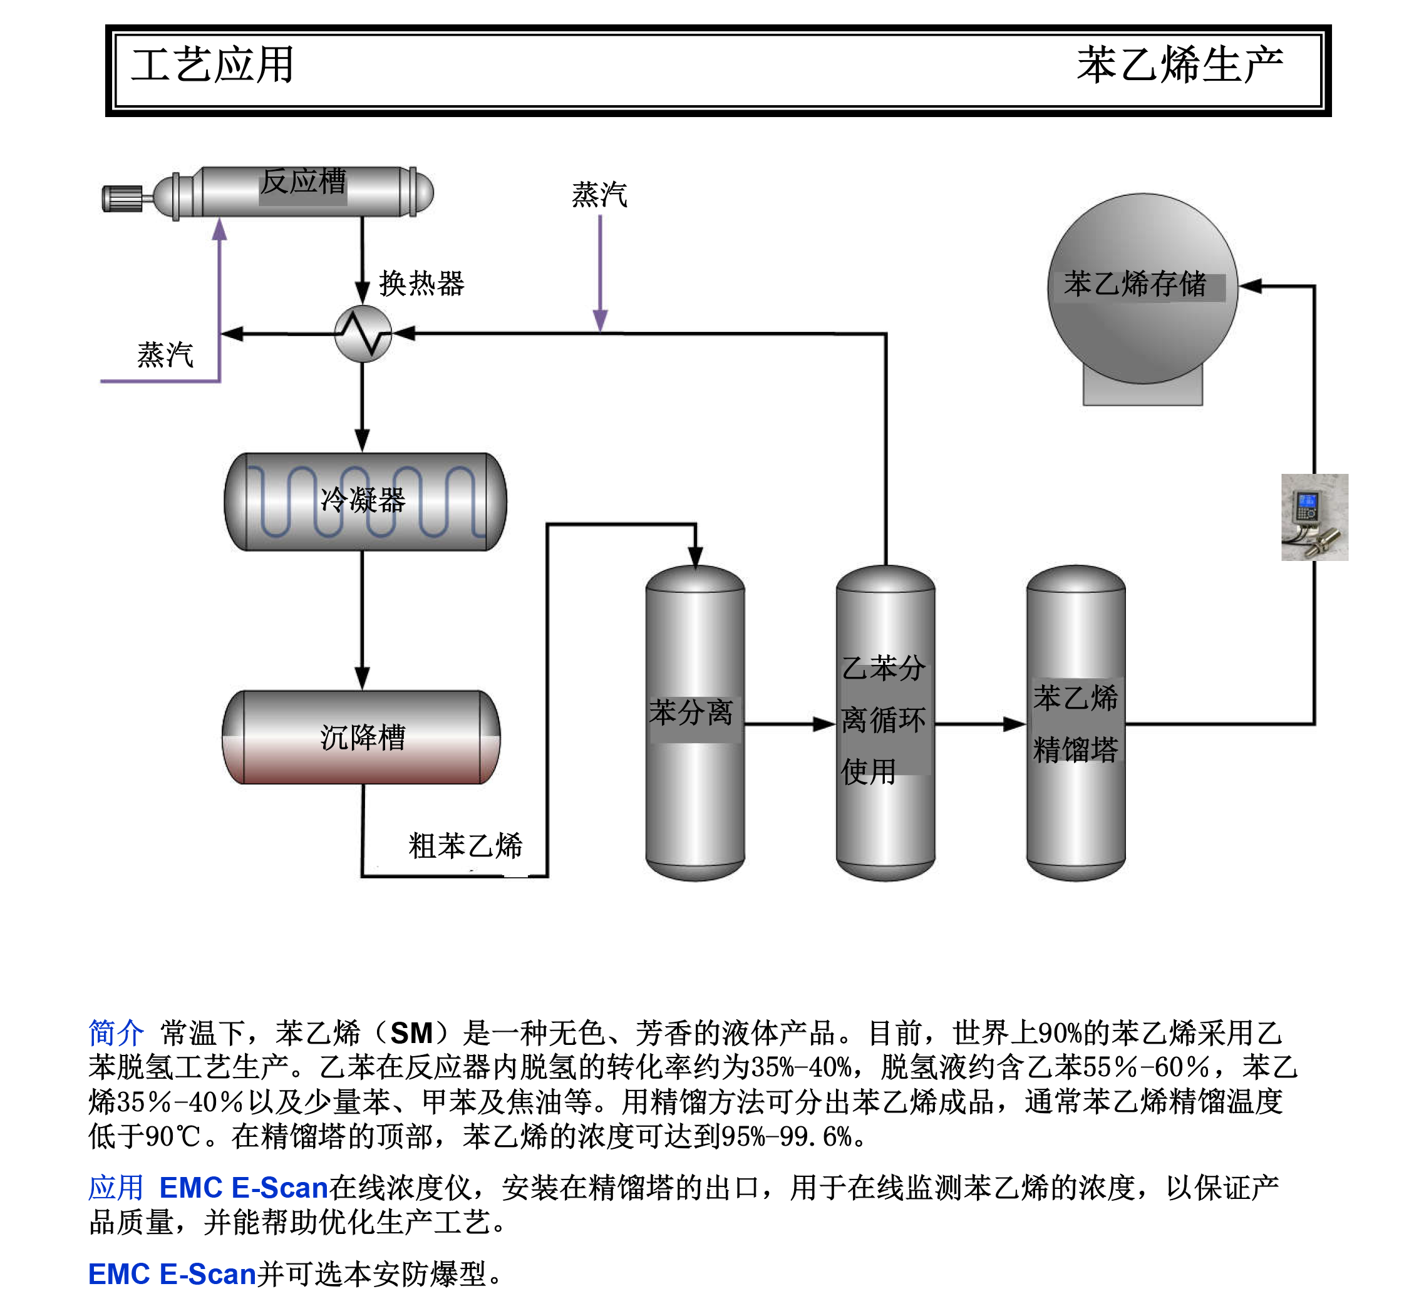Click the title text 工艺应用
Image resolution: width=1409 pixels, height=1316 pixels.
213,65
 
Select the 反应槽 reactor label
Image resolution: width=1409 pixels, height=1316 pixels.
302,182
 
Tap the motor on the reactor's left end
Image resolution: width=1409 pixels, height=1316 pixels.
122,198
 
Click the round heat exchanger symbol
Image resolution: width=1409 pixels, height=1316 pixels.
362,334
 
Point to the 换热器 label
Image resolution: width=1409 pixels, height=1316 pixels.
421,284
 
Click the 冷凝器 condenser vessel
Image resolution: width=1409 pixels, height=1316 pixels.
364,501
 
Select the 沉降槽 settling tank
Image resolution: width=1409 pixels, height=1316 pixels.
361,737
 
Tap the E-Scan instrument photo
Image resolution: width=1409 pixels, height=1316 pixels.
1314,517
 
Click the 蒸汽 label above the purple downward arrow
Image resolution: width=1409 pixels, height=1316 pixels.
599,194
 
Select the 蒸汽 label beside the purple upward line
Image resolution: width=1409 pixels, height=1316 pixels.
165,354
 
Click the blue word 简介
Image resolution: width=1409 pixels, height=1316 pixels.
115,1032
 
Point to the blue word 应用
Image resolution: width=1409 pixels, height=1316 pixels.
115,1187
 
